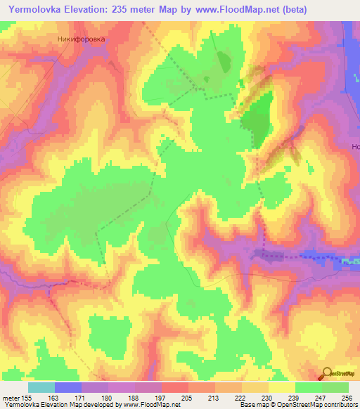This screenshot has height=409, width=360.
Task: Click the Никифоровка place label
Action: [81, 39]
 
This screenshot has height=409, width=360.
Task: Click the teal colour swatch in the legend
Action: [41, 387]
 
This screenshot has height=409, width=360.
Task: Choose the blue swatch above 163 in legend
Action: [68, 387]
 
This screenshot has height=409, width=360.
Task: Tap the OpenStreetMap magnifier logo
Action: [327, 375]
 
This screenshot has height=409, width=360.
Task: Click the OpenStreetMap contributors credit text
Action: [321, 405]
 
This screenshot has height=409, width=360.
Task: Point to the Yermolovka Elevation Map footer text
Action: [42, 405]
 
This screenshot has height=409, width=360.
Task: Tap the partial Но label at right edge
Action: [355, 148]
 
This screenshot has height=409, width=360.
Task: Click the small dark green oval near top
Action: [224, 61]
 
